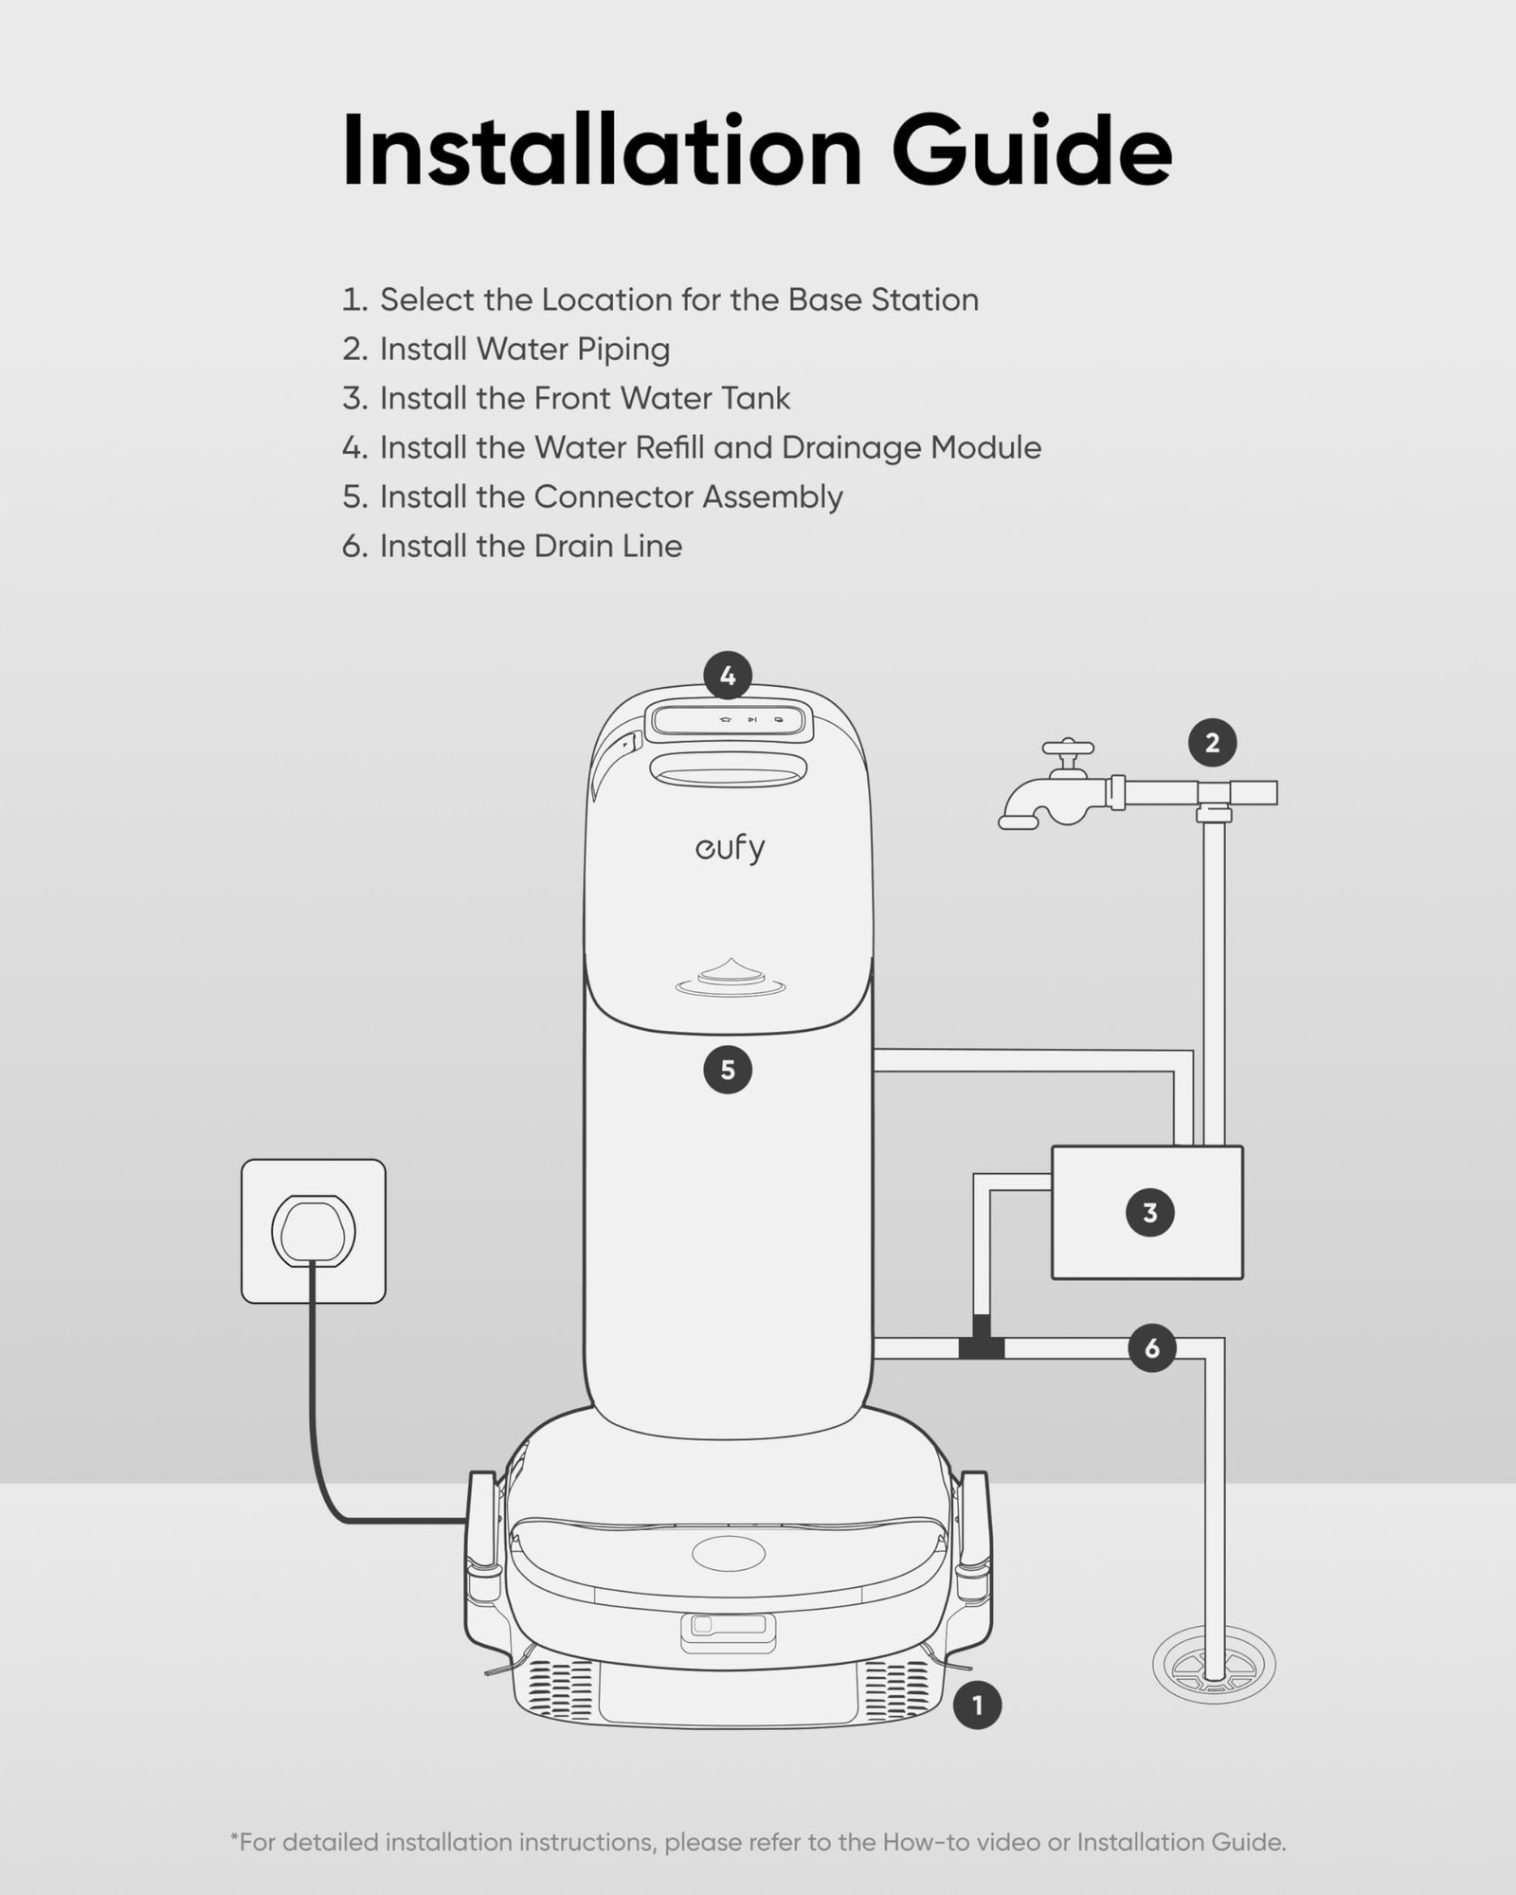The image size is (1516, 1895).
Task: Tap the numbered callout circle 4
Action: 728,677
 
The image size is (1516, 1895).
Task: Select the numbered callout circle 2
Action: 1212,744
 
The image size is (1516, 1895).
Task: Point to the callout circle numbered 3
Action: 1149,1213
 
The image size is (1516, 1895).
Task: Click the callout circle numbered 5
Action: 728,1071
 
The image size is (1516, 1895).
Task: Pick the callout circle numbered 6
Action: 1151,1347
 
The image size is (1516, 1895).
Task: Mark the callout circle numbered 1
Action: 977,1705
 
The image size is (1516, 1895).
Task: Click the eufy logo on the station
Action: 729,848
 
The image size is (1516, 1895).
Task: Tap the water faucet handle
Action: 1068,755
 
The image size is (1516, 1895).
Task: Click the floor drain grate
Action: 1213,1665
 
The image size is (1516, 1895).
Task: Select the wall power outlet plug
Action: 314,1230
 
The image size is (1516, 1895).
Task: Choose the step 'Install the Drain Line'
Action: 531,546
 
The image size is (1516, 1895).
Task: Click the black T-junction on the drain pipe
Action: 981,1345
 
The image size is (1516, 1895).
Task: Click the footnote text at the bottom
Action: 758,1842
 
